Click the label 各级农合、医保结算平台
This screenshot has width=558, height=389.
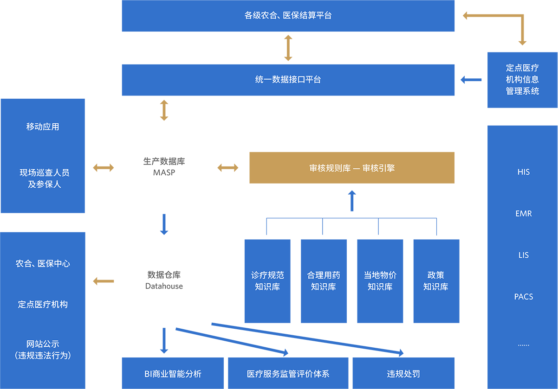(288, 15)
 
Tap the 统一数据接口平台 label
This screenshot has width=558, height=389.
(288, 79)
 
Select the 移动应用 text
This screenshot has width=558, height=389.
(43, 127)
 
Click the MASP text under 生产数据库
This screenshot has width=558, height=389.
(164, 173)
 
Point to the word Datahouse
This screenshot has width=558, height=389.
(164, 286)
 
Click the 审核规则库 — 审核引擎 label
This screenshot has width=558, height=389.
(352, 168)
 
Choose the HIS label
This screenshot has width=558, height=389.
(523, 172)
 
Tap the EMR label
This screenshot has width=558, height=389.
(523, 214)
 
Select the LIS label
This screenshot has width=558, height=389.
(523, 255)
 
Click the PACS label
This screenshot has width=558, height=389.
(523, 297)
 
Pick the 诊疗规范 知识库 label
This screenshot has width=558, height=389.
(267, 281)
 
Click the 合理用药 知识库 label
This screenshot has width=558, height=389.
(324, 281)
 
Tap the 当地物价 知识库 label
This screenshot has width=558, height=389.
(380, 281)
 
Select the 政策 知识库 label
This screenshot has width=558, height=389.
(436, 281)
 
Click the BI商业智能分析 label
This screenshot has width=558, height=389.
(173, 374)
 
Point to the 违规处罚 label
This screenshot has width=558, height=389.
(403, 374)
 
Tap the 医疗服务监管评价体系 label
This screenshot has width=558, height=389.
(288, 374)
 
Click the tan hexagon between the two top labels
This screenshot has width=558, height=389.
(288, 48)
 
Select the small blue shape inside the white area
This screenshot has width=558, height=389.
(162, 224)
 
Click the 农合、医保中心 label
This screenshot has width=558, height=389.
(43, 263)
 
